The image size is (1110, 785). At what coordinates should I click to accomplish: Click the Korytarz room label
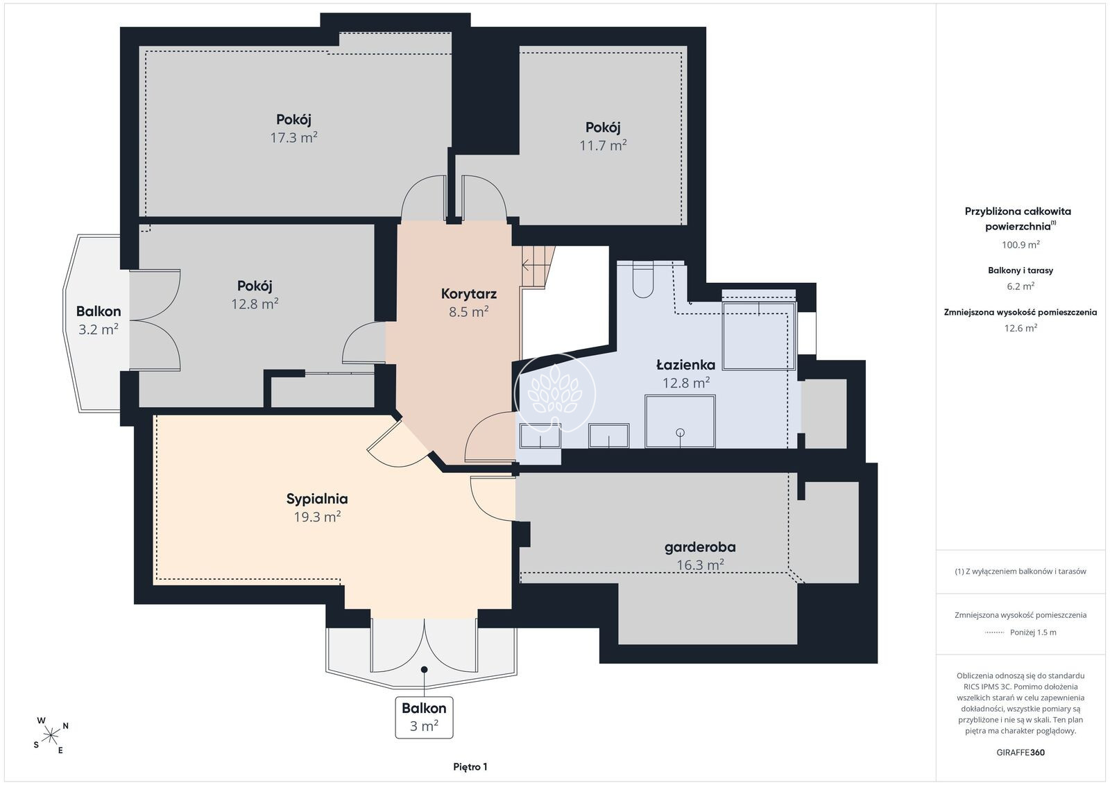[x=469, y=294]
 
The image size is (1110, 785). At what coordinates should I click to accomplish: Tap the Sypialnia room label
[x=317, y=499]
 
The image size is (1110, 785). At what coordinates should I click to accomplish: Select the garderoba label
[x=700, y=547]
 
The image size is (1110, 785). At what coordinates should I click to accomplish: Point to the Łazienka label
[x=686, y=365]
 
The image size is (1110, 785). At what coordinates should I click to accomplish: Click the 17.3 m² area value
[x=294, y=137]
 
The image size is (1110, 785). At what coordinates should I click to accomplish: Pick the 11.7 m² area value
[x=603, y=145]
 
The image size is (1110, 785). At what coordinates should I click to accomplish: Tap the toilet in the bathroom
[x=642, y=281]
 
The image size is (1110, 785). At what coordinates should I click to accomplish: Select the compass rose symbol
[x=51, y=736]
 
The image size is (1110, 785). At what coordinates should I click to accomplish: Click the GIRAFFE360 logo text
[x=1021, y=752]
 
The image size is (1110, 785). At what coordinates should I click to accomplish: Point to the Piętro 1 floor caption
[x=470, y=767]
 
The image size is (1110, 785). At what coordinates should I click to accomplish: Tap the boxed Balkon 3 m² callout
[x=424, y=717]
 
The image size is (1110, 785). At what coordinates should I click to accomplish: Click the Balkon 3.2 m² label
[x=99, y=320]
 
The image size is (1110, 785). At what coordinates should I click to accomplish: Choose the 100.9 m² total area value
[x=1021, y=245]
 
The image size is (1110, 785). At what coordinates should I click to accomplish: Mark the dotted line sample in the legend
[x=995, y=632]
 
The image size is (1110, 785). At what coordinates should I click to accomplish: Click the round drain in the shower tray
[x=681, y=432]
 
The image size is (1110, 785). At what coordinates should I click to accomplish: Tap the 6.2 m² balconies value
[x=1021, y=286]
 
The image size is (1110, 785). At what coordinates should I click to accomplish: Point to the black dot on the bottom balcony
[x=424, y=670]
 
